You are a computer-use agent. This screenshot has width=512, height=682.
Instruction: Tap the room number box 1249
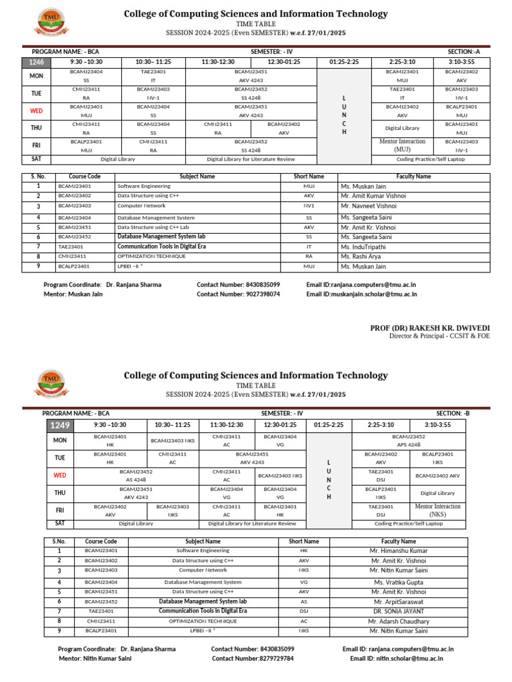(x=58, y=425)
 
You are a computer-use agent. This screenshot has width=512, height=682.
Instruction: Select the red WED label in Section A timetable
(x=36, y=111)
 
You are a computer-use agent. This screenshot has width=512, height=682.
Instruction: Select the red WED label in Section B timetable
(x=60, y=476)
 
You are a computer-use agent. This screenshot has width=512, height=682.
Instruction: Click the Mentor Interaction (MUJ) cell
(x=402, y=145)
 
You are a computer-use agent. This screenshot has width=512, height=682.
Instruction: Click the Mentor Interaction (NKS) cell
(x=438, y=510)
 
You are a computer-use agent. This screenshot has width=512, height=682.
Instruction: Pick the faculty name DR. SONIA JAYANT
(x=398, y=611)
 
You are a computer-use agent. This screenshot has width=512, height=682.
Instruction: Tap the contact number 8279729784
(x=253, y=658)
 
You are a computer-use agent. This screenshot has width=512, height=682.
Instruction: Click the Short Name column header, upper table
(x=309, y=176)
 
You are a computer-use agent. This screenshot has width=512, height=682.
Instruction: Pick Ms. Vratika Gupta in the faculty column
(x=399, y=582)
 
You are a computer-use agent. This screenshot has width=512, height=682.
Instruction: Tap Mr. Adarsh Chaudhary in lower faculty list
(x=399, y=621)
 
